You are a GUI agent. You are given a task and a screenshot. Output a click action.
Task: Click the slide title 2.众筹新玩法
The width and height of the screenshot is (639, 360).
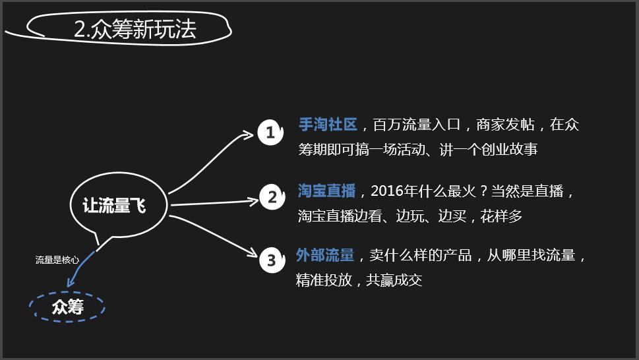(135, 29)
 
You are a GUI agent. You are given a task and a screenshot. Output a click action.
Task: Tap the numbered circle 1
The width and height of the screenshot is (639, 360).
(270, 133)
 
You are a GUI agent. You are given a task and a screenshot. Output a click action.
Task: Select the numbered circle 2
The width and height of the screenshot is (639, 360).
(271, 196)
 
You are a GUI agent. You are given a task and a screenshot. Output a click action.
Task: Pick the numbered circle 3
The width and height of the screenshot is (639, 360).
(271, 260)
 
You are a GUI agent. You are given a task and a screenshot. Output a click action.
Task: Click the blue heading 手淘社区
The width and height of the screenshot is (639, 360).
(328, 125)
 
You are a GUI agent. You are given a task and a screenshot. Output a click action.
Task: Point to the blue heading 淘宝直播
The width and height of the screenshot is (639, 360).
(326, 191)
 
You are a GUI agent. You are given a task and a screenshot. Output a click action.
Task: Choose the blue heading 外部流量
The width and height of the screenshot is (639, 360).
(325, 255)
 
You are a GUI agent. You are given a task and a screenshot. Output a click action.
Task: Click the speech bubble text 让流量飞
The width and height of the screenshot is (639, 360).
(114, 206)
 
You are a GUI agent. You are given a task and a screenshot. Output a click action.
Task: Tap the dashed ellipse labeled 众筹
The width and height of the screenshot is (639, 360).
(67, 307)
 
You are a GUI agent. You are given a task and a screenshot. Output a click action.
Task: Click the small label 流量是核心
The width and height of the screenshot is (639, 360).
(57, 260)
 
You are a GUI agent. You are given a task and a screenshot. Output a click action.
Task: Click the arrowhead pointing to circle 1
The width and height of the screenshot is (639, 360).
(248, 135)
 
